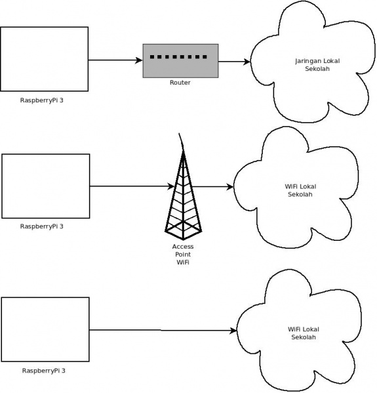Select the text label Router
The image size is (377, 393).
[x=180, y=83]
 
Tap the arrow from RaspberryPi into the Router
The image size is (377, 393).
[x=115, y=60]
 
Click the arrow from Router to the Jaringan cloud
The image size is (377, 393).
[x=234, y=62]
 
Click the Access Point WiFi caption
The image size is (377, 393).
[x=183, y=254]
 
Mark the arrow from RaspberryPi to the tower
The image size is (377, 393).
[x=131, y=186]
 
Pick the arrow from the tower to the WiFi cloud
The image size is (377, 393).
[x=213, y=187]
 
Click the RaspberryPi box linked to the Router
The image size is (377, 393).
[x=44, y=59]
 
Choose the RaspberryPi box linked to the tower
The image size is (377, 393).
[x=46, y=186]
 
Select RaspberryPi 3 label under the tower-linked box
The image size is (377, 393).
[x=46, y=226]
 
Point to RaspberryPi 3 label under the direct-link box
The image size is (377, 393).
[x=44, y=370]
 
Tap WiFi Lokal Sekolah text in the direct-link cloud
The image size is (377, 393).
[x=304, y=333]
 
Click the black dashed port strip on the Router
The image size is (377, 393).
[x=178, y=57]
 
